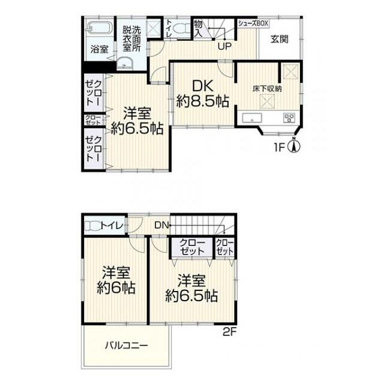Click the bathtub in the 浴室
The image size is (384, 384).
click(100, 27)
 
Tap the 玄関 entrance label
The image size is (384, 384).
click(280, 40)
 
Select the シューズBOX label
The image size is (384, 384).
click(253, 23)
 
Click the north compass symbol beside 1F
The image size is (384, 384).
click(295, 145)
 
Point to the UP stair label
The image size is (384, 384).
click(224, 47)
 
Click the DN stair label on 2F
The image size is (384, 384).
click(161, 225)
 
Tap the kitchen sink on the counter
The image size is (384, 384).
click(252, 118)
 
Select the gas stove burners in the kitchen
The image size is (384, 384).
click(289, 118)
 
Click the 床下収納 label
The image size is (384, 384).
click(267, 89)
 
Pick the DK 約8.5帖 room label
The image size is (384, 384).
click(203, 94)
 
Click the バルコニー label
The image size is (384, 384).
click(127, 346)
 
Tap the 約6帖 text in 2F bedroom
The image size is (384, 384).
click(116, 288)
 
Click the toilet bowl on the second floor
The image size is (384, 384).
click(92, 226)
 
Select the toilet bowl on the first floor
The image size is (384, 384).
click(181, 28)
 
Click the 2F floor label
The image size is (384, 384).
click(229, 332)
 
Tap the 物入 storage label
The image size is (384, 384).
click(198, 29)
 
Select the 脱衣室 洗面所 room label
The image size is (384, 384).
click(132, 38)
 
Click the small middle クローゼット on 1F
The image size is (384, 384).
click(93, 120)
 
